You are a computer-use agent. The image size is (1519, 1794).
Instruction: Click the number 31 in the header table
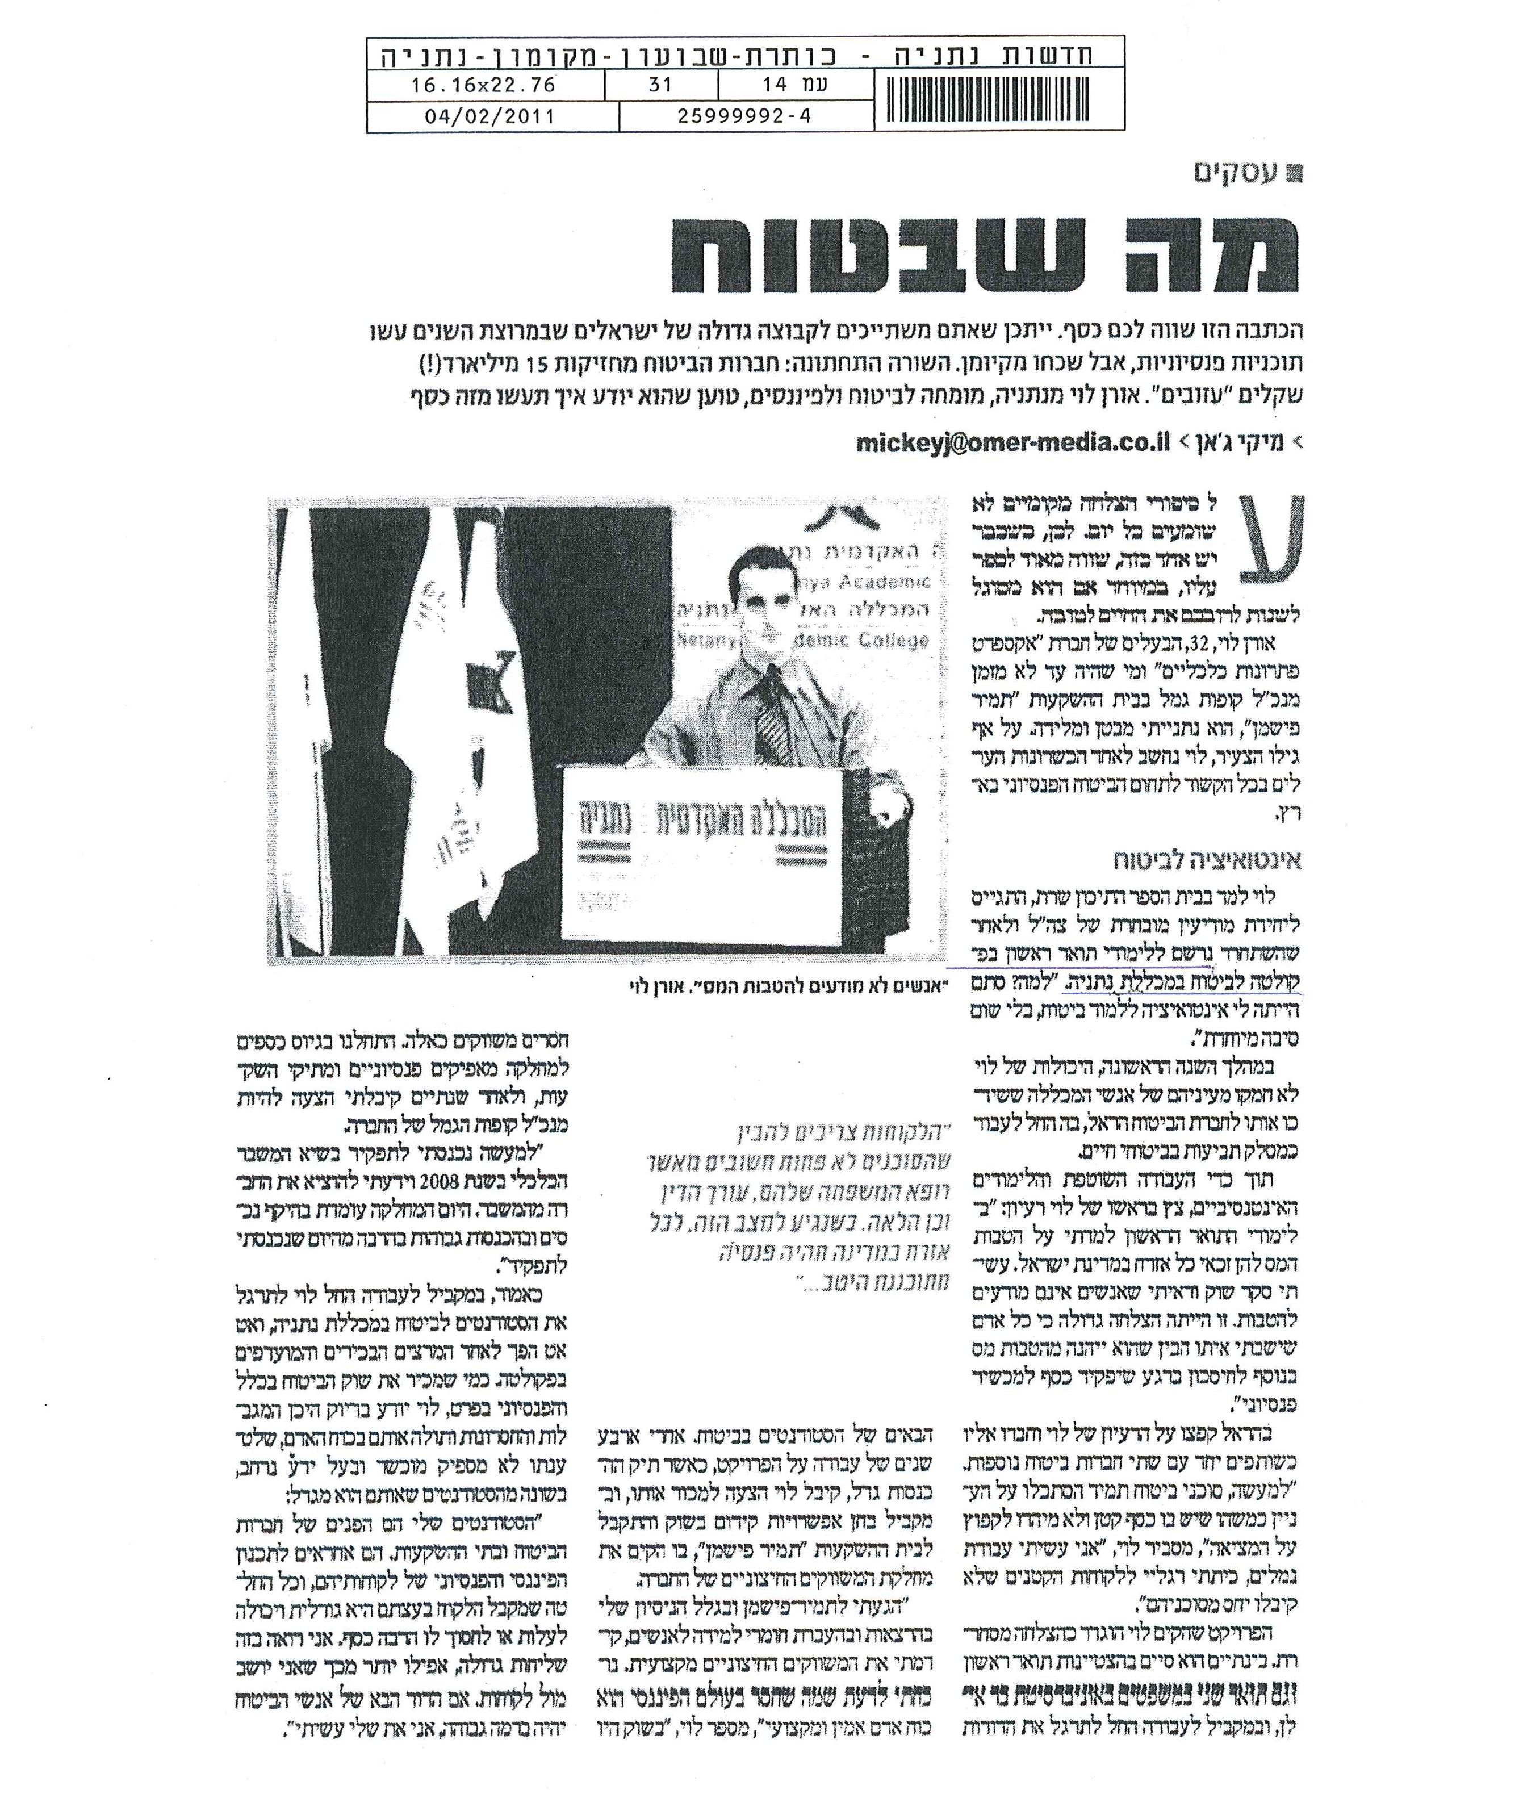(x=660, y=85)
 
